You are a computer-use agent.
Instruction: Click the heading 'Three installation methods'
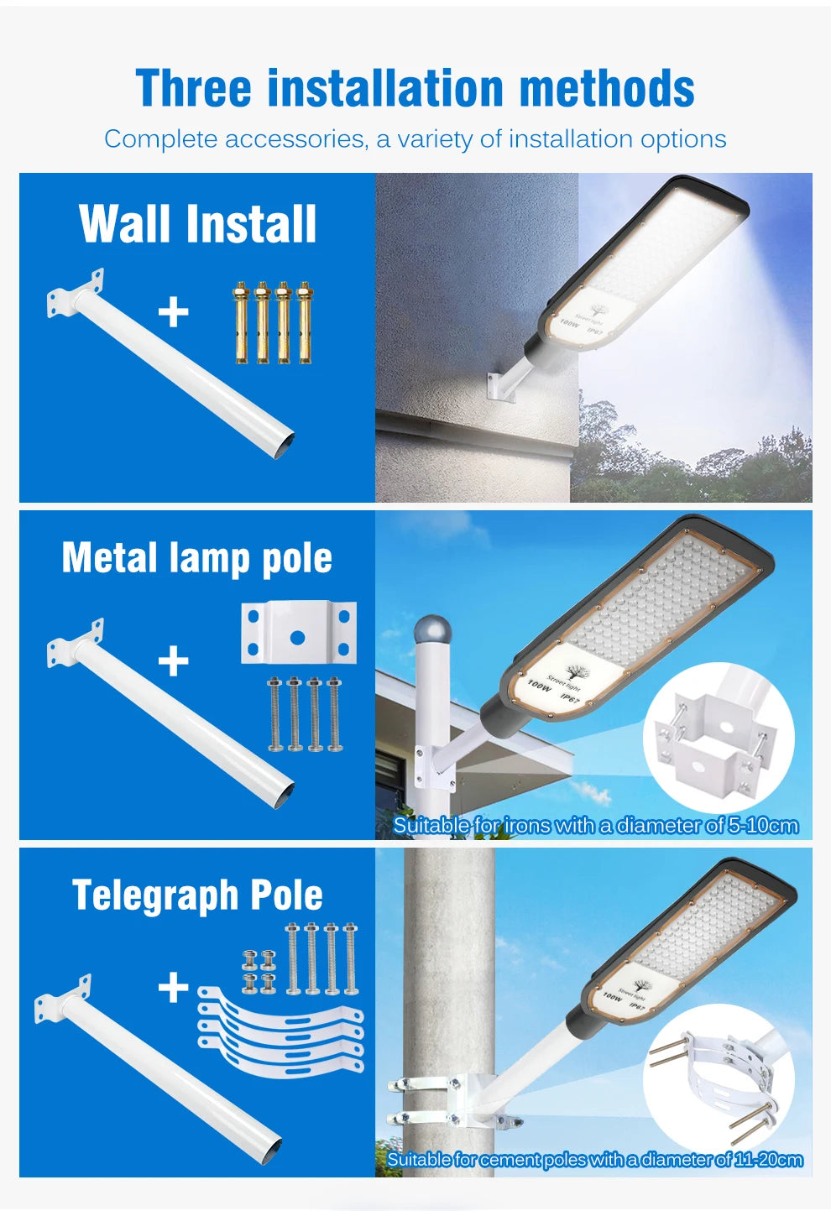(x=415, y=88)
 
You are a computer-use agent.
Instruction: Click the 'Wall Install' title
(x=198, y=224)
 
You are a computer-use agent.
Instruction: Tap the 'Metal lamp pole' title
(x=197, y=558)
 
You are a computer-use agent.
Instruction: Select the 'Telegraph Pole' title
(x=197, y=895)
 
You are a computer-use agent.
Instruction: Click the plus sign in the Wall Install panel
(x=174, y=312)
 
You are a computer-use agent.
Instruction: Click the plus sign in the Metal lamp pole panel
(x=174, y=661)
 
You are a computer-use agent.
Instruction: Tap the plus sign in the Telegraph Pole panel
(x=174, y=987)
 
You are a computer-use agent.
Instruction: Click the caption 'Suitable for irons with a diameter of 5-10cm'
(x=595, y=826)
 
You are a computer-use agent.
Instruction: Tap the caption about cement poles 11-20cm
(x=594, y=1160)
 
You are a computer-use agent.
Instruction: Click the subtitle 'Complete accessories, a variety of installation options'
(x=415, y=138)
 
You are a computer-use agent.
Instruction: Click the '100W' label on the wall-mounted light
(x=570, y=321)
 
